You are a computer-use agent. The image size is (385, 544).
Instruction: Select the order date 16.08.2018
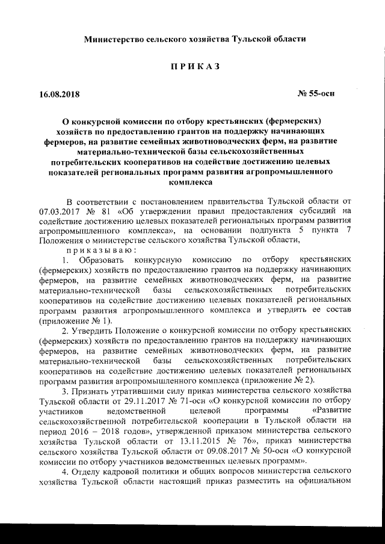(59, 94)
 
